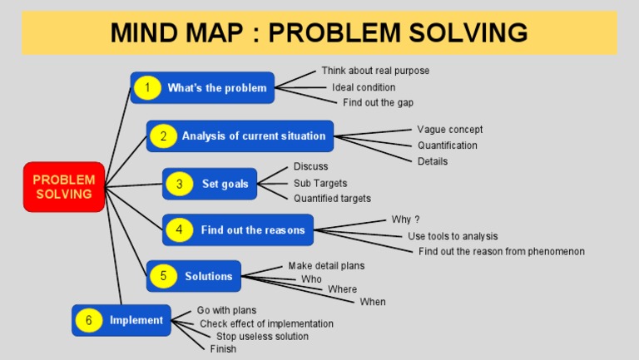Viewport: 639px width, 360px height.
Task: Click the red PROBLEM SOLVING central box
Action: click(x=64, y=186)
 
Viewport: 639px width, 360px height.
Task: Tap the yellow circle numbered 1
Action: click(x=147, y=87)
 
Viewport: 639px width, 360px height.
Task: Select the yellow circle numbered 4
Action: click(x=179, y=229)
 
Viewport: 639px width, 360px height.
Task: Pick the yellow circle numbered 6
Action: click(x=88, y=320)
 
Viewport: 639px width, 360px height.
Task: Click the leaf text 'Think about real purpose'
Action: click(x=375, y=71)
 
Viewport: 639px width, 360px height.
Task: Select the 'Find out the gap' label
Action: click(x=378, y=102)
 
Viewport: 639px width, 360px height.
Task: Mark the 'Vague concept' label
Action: click(x=449, y=130)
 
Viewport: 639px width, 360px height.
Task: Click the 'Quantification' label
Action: click(x=448, y=145)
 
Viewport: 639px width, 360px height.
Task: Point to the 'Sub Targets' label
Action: click(x=320, y=183)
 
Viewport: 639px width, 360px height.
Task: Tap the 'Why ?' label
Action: click(x=405, y=219)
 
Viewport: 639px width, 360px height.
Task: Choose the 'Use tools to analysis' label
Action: click(x=453, y=236)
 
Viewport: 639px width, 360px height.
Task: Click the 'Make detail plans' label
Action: click(x=326, y=265)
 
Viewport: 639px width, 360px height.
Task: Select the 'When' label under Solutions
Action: click(x=373, y=302)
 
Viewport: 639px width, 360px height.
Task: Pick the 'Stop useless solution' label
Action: click(x=262, y=337)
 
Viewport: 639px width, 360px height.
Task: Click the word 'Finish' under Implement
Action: click(x=223, y=349)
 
